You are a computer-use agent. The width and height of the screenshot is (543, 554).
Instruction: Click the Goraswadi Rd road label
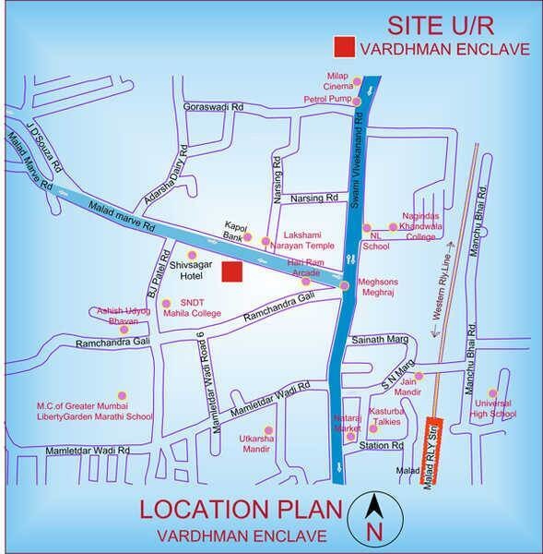click(x=213, y=106)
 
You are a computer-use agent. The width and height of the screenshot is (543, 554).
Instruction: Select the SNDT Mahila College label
click(x=193, y=308)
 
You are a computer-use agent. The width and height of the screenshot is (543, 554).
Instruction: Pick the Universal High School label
click(x=492, y=409)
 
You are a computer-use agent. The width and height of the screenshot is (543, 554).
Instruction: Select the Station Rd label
click(x=382, y=446)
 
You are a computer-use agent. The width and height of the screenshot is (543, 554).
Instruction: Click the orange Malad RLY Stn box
click(x=431, y=452)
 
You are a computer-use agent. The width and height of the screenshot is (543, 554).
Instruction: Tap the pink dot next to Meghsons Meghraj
click(x=345, y=286)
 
